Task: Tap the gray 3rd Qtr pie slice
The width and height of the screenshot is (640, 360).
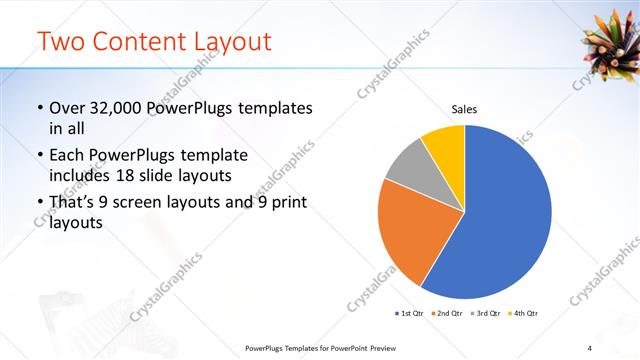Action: tap(408, 165)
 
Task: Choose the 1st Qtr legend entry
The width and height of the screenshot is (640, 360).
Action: tap(409, 314)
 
